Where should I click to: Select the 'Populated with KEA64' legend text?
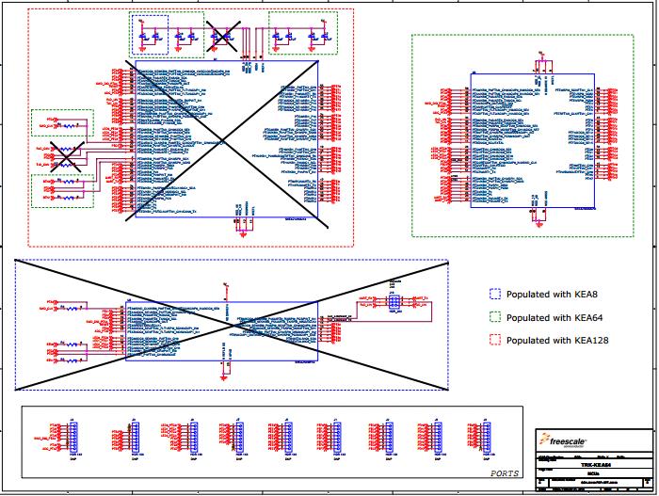548,317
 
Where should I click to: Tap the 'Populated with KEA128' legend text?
551,340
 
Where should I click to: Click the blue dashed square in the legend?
495,295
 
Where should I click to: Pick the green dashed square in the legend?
495,317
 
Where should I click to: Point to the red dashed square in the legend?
495,340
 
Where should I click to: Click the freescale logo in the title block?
560,439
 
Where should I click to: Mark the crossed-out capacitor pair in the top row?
224,36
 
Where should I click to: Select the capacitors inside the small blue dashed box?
149,36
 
